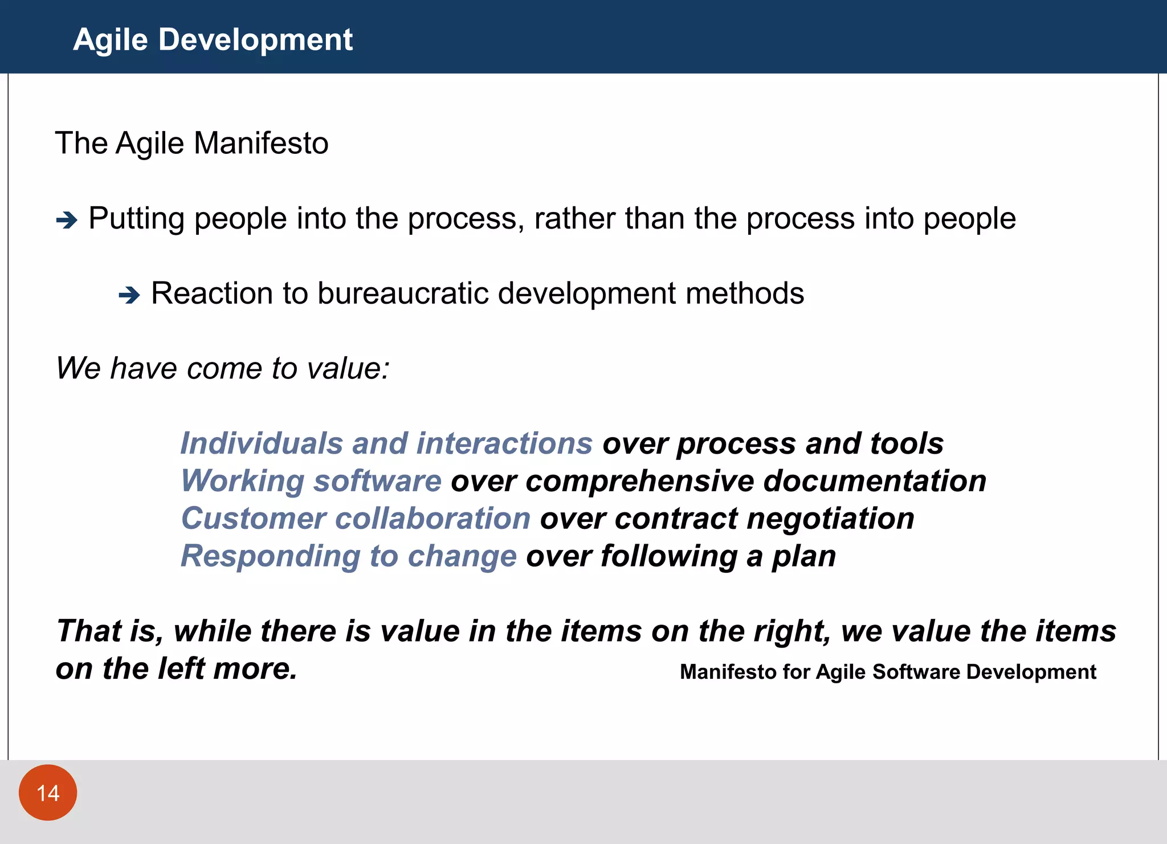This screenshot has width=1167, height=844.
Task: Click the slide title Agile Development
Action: [x=213, y=40]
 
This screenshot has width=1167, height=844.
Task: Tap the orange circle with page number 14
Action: [x=48, y=793]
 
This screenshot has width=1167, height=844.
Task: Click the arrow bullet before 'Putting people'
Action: [x=67, y=220]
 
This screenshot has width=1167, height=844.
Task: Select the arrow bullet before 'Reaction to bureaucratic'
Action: [x=129, y=295]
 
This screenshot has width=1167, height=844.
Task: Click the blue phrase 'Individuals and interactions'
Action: [x=386, y=443]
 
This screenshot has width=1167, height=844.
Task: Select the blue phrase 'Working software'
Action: [x=311, y=481]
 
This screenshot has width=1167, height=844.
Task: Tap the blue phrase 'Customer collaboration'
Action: [x=356, y=519]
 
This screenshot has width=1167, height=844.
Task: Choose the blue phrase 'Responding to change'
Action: [x=348, y=556]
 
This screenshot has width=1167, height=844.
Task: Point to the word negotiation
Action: [x=830, y=519]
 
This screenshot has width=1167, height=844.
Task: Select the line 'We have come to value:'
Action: [x=223, y=368]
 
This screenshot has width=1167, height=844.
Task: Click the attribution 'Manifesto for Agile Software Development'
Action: [x=888, y=672]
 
